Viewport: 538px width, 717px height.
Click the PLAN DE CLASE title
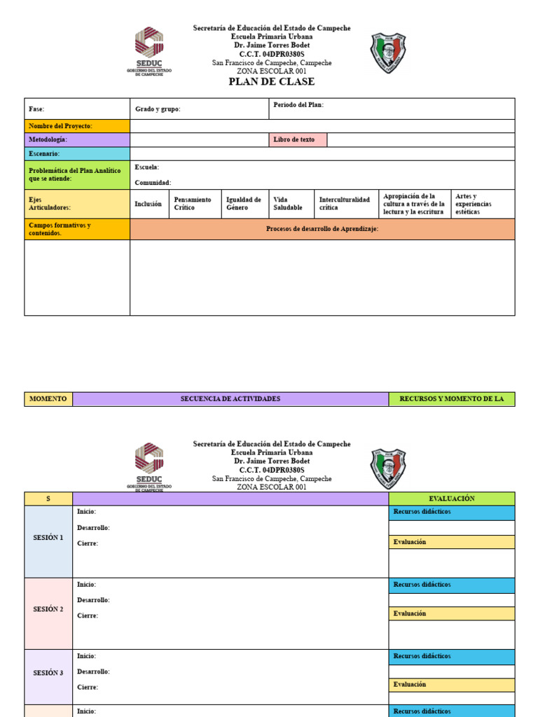(272, 82)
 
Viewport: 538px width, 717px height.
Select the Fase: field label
(36, 109)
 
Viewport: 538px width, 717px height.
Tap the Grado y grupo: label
(158, 109)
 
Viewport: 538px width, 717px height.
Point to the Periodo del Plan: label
(298, 105)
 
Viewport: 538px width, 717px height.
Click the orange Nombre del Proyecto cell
(77, 126)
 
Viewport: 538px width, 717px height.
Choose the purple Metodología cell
(77, 140)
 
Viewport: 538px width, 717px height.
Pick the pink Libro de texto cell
(297, 140)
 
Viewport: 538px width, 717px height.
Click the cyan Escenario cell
(77, 153)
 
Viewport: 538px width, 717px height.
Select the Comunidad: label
(153, 183)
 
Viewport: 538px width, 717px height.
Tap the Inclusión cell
(149, 204)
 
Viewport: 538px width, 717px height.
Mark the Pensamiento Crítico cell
(194, 204)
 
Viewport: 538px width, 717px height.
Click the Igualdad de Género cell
(244, 204)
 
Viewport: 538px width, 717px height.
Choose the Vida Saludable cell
(289, 204)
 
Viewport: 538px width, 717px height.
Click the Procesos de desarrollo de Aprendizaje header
(322, 229)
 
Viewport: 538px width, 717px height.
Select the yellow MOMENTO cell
(48, 399)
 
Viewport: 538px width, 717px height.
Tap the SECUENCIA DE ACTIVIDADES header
(230, 399)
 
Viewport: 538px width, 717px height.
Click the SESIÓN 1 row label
(48, 538)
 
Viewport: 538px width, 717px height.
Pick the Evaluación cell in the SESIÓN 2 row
(451, 613)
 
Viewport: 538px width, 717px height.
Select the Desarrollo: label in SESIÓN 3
(93, 671)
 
